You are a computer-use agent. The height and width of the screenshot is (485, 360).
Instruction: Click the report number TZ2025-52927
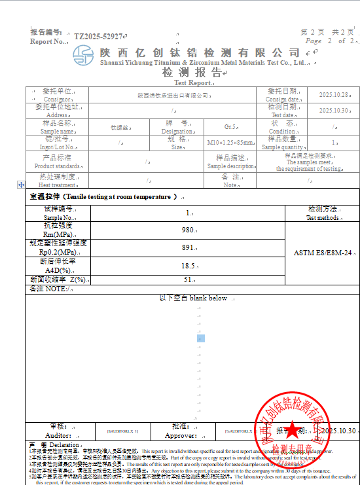pyautogui.click(x=98, y=37)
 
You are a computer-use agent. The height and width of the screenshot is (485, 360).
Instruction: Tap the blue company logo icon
pyautogui.click(x=83, y=54)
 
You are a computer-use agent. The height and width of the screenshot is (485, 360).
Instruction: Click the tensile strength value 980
pyautogui.click(x=189, y=230)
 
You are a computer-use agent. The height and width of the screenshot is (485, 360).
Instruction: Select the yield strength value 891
pyautogui.click(x=189, y=248)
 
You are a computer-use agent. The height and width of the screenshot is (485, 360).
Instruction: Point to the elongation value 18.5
pyautogui.click(x=189, y=266)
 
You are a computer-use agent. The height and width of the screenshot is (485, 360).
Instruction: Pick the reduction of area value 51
pyautogui.click(x=189, y=279)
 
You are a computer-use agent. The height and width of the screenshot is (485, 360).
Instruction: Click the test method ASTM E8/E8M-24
pyautogui.click(x=323, y=252)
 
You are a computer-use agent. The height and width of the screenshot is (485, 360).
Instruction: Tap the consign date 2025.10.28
pyautogui.click(x=333, y=95)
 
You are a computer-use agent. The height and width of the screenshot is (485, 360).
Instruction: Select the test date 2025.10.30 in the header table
pyautogui.click(x=333, y=110)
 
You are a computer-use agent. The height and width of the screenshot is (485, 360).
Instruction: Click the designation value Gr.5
pyautogui.click(x=230, y=126)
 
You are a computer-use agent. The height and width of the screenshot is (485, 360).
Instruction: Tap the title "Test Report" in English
pyautogui.click(x=192, y=83)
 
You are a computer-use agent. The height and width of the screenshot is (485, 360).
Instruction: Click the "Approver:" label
pyautogui.click(x=181, y=435)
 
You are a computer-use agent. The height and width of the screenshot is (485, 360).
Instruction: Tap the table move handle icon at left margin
pyautogui.click(x=21, y=186)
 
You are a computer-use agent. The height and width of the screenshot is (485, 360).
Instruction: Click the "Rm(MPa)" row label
pyautogui.click(x=58, y=234)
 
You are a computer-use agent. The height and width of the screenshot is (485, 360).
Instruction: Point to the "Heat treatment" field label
pyautogui.click(x=58, y=185)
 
